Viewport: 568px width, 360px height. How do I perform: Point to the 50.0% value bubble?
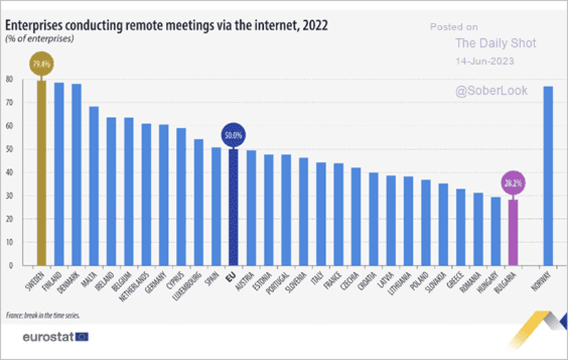[233, 135]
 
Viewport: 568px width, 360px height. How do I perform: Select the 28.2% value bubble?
[513, 183]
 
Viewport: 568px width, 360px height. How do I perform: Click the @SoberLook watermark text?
[491, 91]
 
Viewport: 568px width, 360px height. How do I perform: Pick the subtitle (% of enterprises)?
[40, 38]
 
